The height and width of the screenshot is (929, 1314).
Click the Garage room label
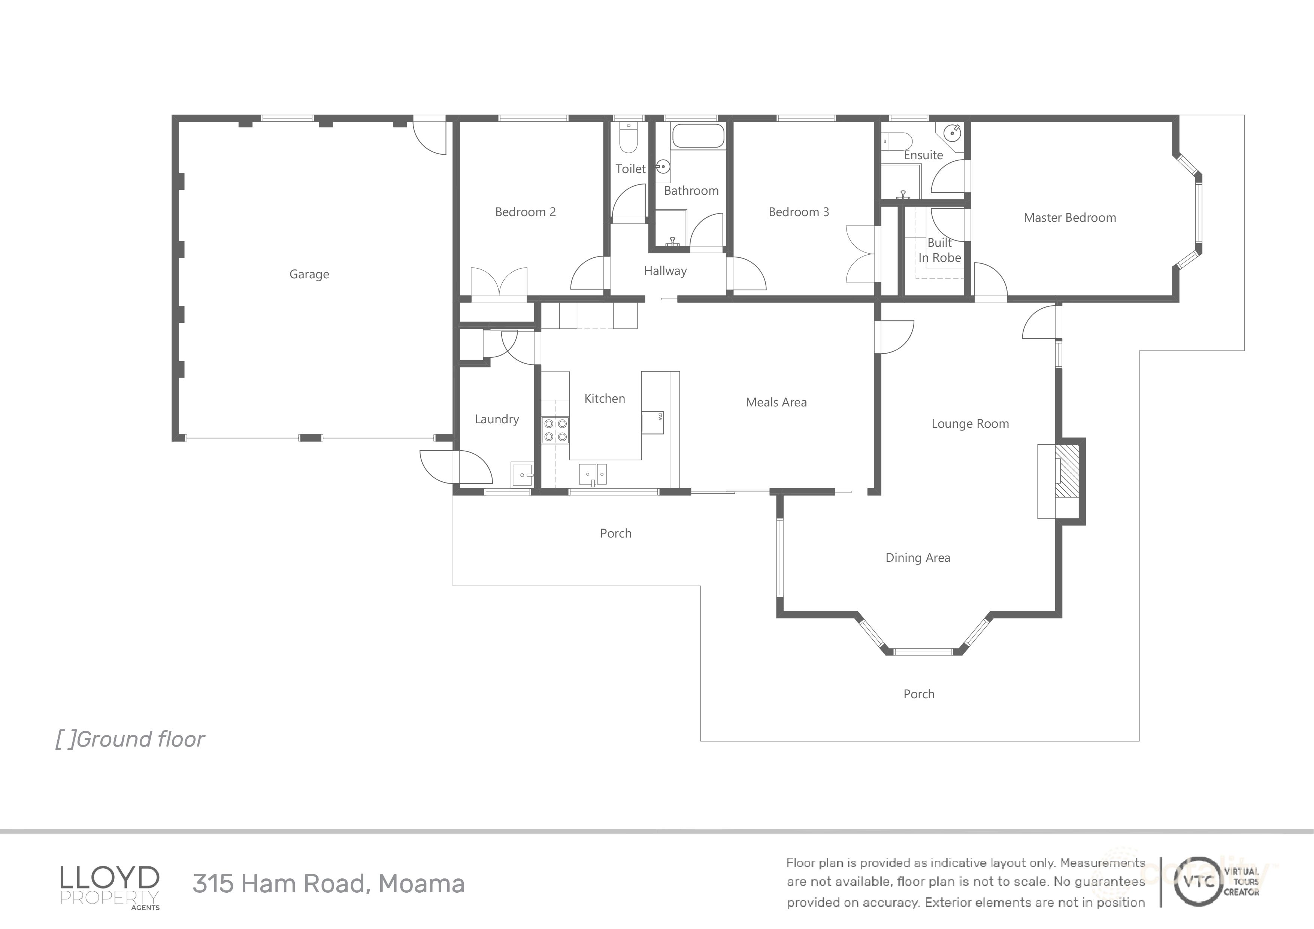pyautogui.click(x=309, y=274)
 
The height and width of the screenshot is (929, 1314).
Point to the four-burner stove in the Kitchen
pyautogui.click(x=555, y=430)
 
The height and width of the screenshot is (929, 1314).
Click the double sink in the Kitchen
pyautogui.click(x=593, y=474)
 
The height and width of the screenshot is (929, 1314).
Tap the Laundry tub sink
pyautogui.click(x=523, y=475)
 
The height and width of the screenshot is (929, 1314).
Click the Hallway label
pyautogui.click(x=664, y=271)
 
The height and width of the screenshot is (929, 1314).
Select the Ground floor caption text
pyautogui.click(x=130, y=739)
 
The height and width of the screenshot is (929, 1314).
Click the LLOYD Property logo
pyautogui.click(x=110, y=884)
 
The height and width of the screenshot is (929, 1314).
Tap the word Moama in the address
pyautogui.click(x=421, y=883)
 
